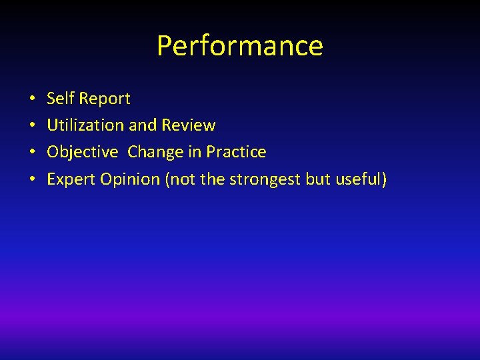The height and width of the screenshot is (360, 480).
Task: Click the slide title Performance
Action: point(240,46)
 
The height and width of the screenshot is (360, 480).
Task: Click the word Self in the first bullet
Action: point(61,99)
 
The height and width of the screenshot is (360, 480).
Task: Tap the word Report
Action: point(105,99)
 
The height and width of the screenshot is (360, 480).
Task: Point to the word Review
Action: point(189,125)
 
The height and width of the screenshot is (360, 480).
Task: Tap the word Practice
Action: point(236,152)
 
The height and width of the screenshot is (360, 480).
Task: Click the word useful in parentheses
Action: point(361,179)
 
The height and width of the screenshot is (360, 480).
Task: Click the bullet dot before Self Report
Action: point(32,99)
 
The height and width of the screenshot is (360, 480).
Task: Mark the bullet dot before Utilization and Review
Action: point(32,126)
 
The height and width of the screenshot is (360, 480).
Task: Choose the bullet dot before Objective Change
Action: point(32,153)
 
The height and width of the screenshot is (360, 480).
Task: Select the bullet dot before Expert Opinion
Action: point(32,180)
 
